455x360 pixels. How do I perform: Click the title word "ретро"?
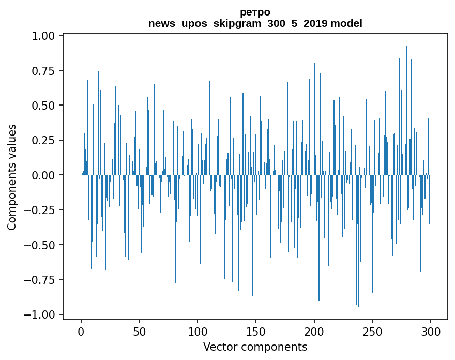[255, 12]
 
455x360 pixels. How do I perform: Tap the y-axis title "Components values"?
[11, 177]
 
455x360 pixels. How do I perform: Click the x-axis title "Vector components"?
[255, 347]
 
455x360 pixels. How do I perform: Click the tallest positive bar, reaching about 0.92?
[406, 103]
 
